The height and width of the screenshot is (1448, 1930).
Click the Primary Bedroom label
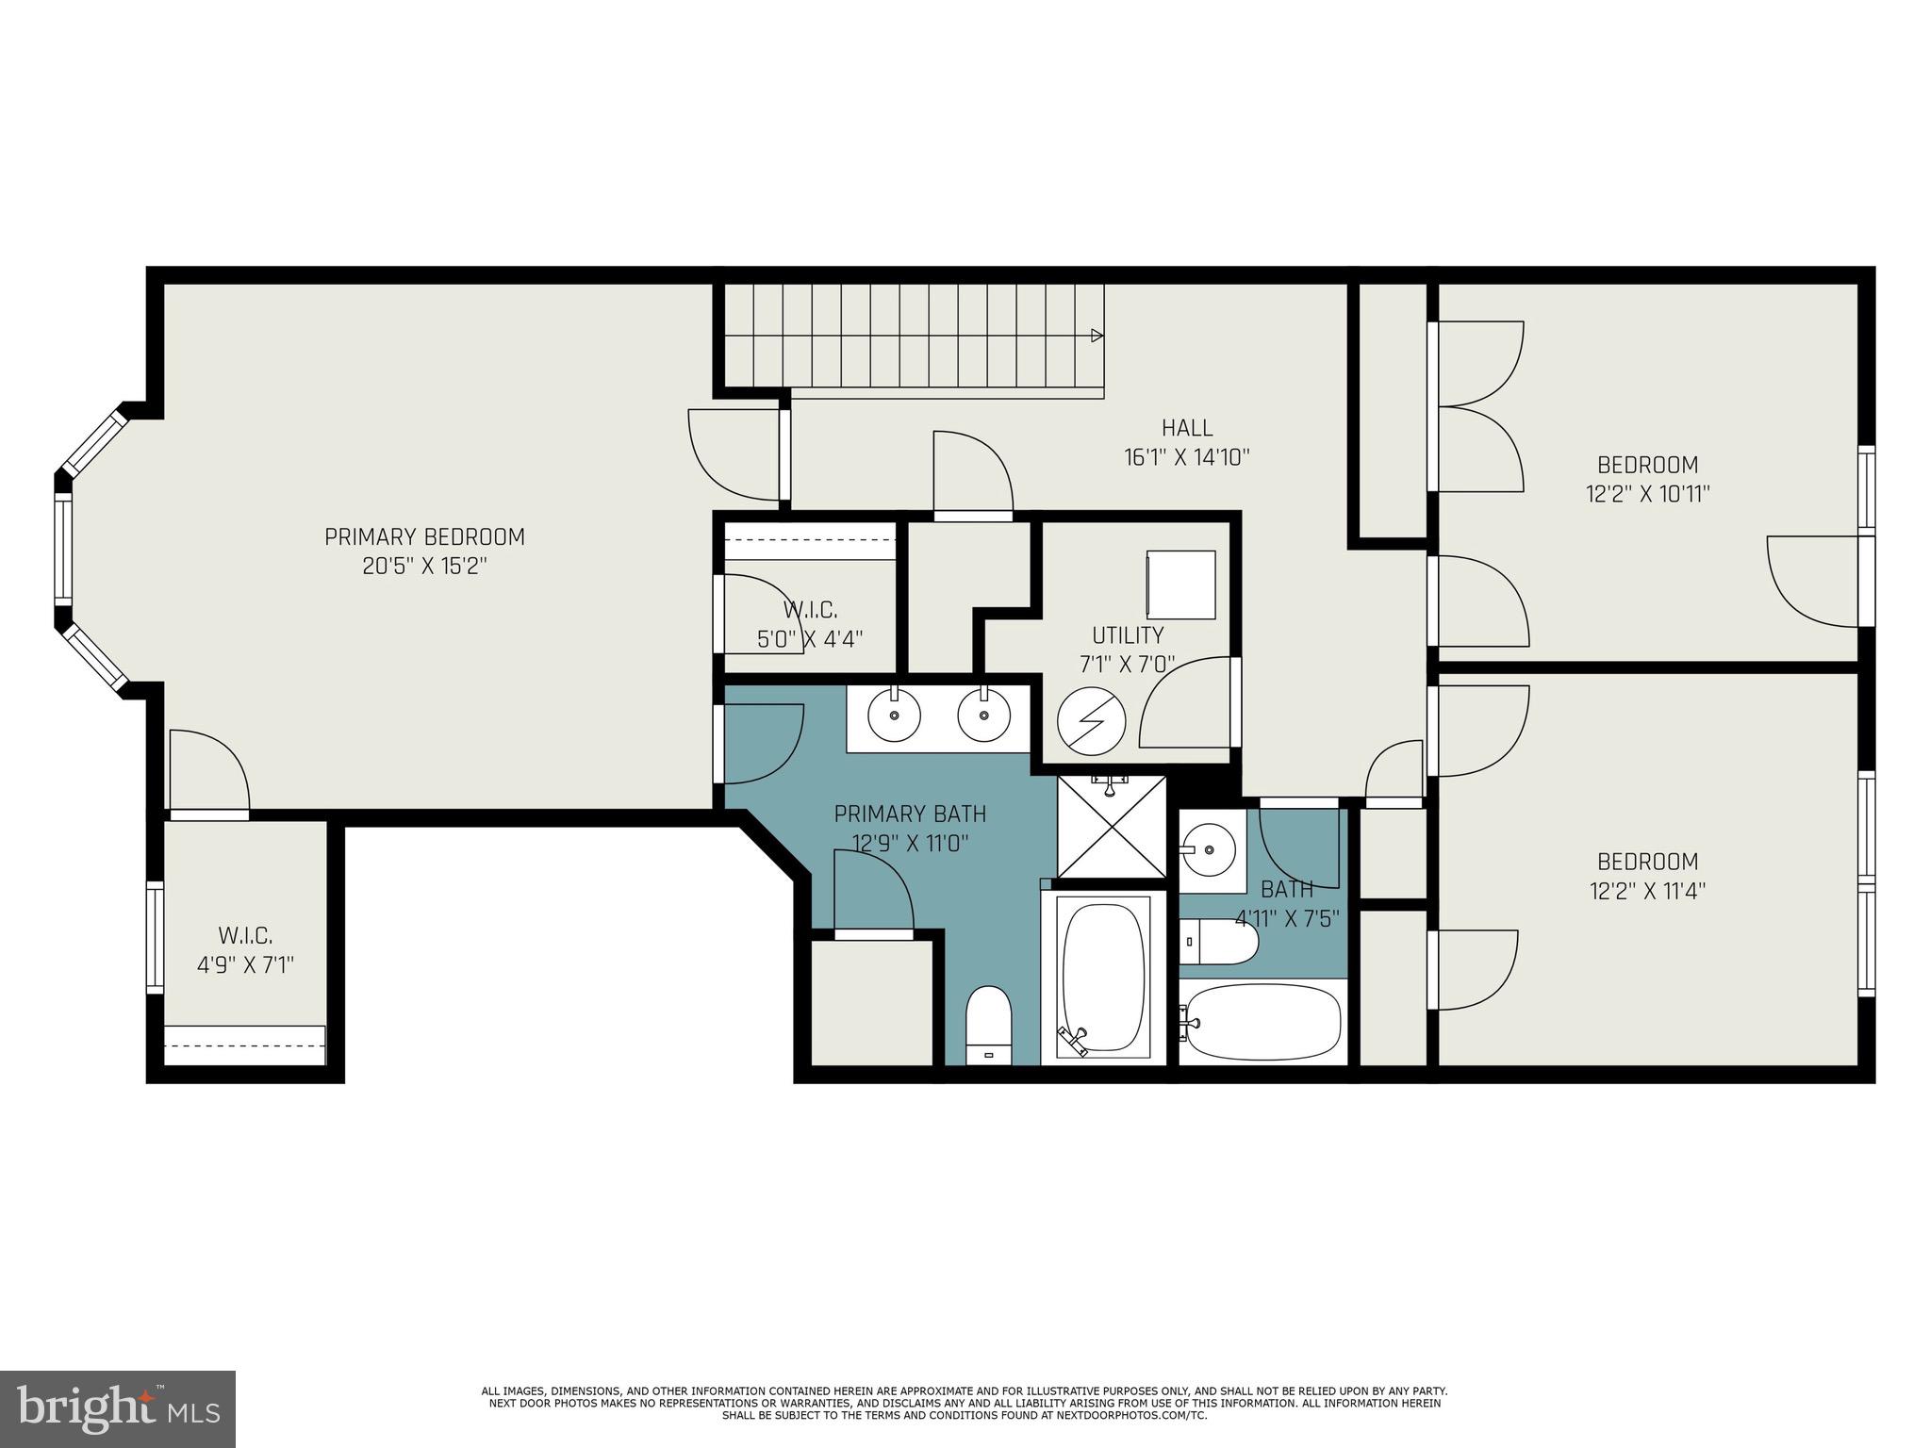pyautogui.click(x=424, y=537)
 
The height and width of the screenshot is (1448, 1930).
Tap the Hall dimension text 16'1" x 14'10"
pyautogui.click(x=1186, y=458)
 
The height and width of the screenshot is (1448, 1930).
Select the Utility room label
pyautogui.click(x=1128, y=634)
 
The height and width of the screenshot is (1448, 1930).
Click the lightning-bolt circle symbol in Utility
pyautogui.click(x=1091, y=721)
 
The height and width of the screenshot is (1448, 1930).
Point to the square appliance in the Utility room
pyautogui.click(x=1180, y=584)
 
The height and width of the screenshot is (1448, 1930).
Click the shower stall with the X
pyautogui.click(x=1112, y=827)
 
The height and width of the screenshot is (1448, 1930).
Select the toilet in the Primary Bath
pyautogui.click(x=988, y=1024)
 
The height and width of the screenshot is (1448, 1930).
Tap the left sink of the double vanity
pyautogui.click(x=893, y=715)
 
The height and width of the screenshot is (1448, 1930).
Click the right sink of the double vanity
pyautogui.click(x=983, y=715)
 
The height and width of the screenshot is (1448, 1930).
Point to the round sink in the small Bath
pyautogui.click(x=1210, y=848)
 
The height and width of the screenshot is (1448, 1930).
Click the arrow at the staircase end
pyautogui.click(x=1097, y=336)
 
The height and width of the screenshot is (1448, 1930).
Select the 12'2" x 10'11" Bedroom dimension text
pyautogui.click(x=1647, y=494)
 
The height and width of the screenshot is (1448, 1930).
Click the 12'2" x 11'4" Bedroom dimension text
pyautogui.click(x=1647, y=891)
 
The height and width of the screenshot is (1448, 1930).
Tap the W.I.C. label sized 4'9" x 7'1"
pyautogui.click(x=245, y=936)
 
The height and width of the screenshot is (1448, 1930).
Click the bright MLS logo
pyautogui.click(x=118, y=1408)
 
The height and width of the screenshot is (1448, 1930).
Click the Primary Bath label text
pyautogui.click(x=910, y=814)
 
